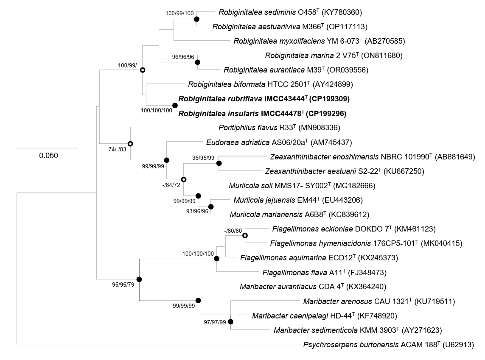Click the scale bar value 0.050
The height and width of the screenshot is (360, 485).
[48, 155]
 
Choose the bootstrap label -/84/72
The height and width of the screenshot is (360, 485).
[174, 185]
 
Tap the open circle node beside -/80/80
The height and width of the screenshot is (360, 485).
[245, 236]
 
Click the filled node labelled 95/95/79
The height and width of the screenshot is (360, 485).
[139, 279]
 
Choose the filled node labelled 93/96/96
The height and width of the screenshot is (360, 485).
[210, 207]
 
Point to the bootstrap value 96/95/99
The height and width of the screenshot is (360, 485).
[204, 157]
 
